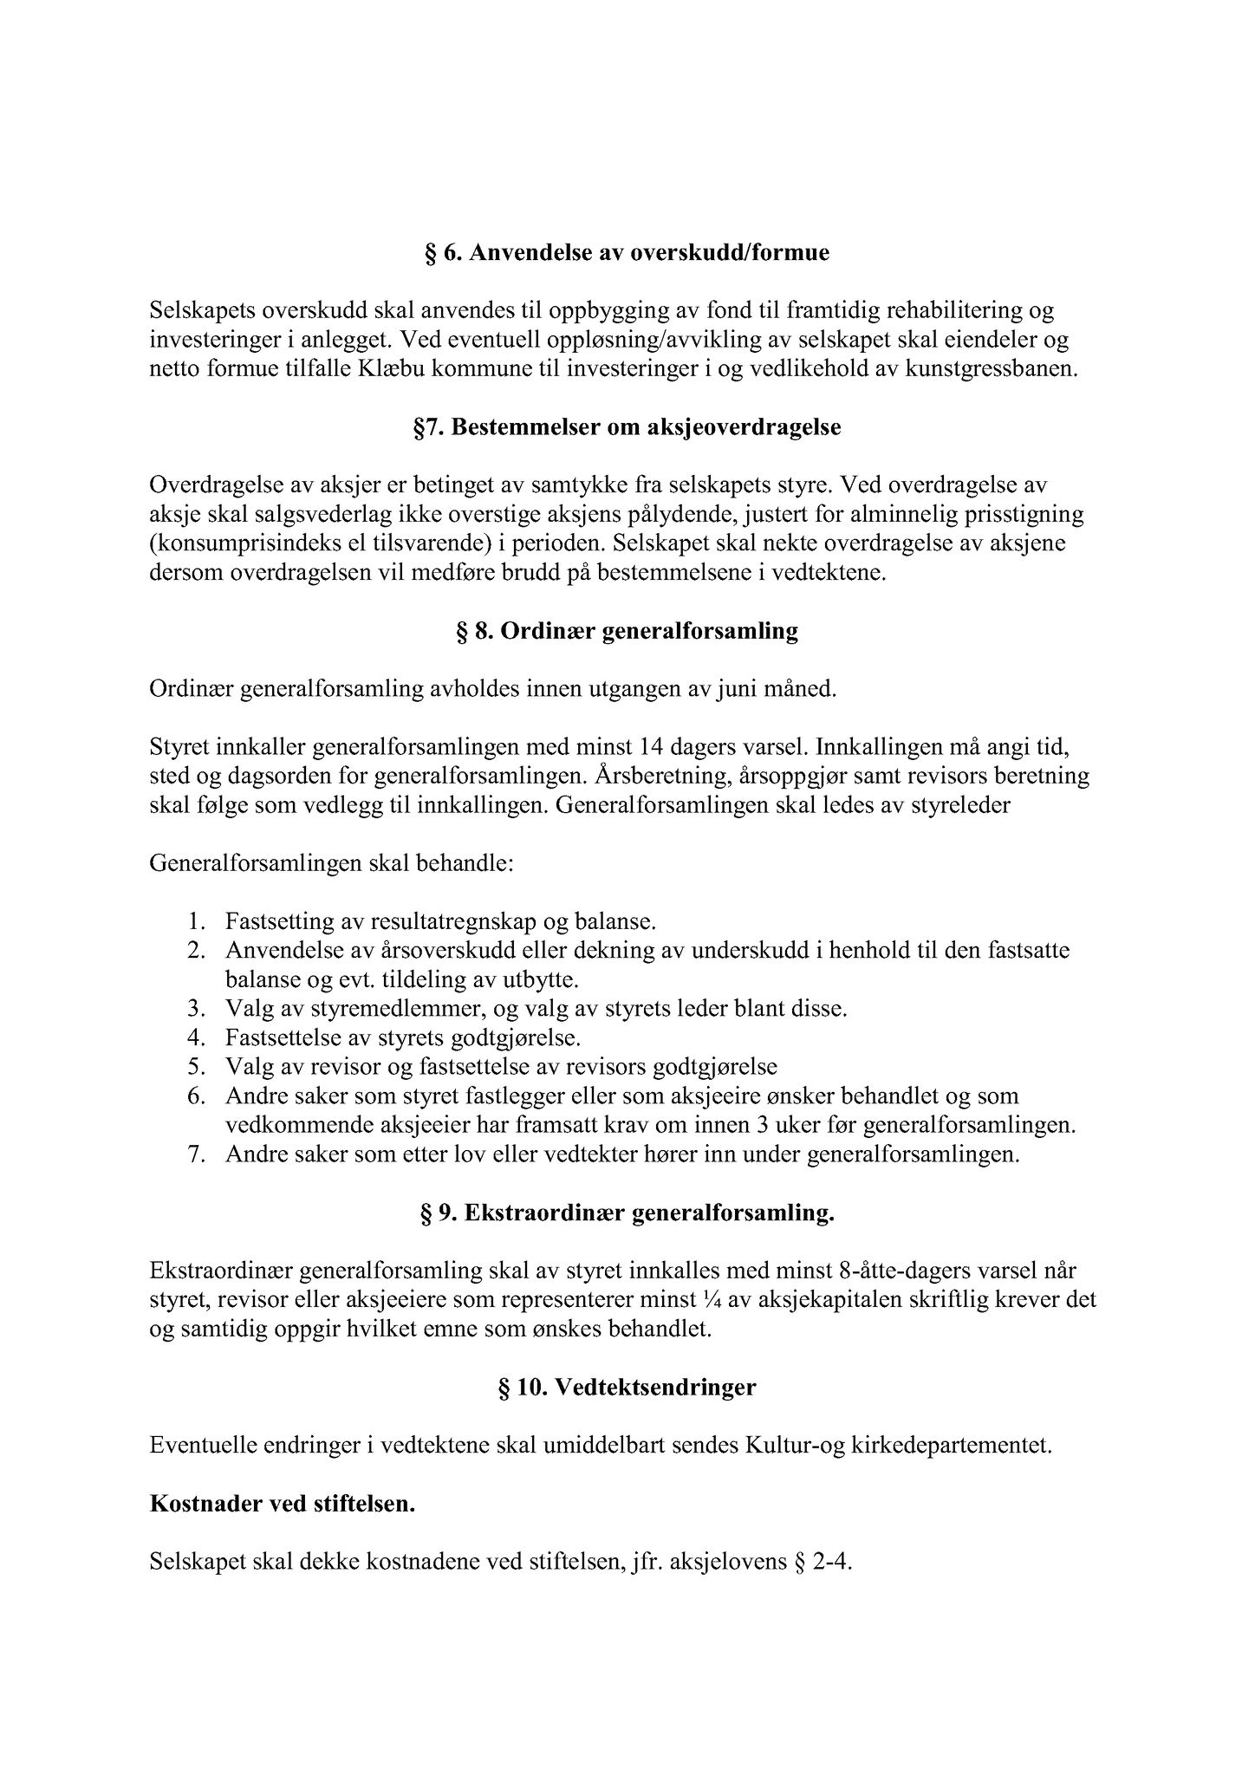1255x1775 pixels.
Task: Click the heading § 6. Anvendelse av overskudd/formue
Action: (x=627, y=252)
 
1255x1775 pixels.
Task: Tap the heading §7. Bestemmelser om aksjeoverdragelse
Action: (x=627, y=428)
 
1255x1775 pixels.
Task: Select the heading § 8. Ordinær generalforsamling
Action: (x=627, y=631)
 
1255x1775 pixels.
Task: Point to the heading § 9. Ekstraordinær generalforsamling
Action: (x=627, y=1213)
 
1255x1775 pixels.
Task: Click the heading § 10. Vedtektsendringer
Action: (x=627, y=1388)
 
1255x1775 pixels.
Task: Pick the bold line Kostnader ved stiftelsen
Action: (x=283, y=1505)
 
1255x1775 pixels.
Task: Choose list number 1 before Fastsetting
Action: (x=195, y=921)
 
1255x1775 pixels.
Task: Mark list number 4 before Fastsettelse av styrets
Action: (x=195, y=1037)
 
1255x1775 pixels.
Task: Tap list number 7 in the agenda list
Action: (x=195, y=1155)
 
